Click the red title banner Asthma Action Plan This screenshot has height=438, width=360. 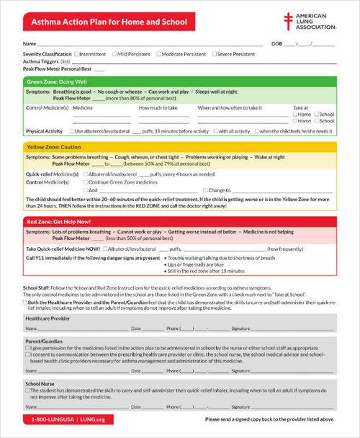(x=109, y=22)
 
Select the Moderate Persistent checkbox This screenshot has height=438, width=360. (x=158, y=54)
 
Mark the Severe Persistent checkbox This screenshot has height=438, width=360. (x=214, y=54)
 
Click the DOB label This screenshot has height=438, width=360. (x=277, y=45)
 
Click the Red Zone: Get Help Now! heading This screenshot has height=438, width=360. (x=59, y=221)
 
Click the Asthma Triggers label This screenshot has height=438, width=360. (x=41, y=61)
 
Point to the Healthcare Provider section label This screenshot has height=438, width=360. (x=48, y=317)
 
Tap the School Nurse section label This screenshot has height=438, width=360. (x=40, y=383)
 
